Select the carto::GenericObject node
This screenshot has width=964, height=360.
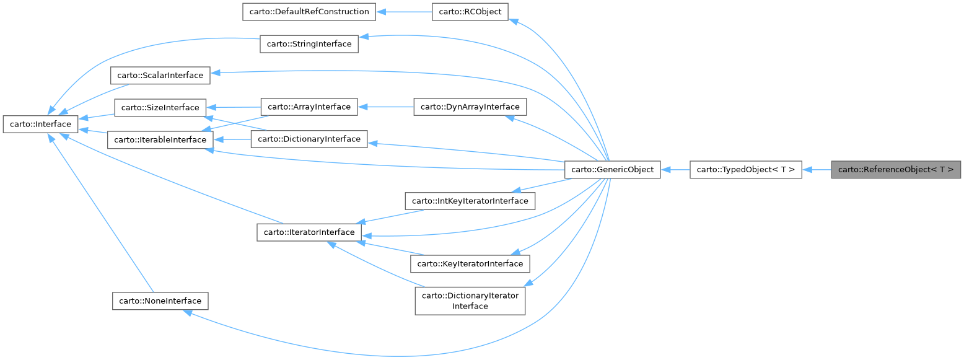click(613, 169)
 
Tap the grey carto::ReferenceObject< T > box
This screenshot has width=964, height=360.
click(896, 169)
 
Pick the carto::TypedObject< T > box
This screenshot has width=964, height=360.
click(746, 169)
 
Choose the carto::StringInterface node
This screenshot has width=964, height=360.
click(309, 44)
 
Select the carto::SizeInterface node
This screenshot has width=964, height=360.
click(160, 108)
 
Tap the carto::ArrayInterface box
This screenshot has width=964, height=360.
click(309, 107)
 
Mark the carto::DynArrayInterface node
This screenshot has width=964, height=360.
click(470, 107)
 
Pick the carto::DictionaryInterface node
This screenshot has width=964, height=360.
click(309, 139)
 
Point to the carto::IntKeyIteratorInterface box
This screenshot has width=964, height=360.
click(470, 201)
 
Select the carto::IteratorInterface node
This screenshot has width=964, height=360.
click(309, 232)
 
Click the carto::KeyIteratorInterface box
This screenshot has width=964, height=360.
click(470, 263)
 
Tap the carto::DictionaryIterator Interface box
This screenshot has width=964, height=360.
click(470, 301)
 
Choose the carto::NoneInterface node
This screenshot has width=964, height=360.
click(160, 301)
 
